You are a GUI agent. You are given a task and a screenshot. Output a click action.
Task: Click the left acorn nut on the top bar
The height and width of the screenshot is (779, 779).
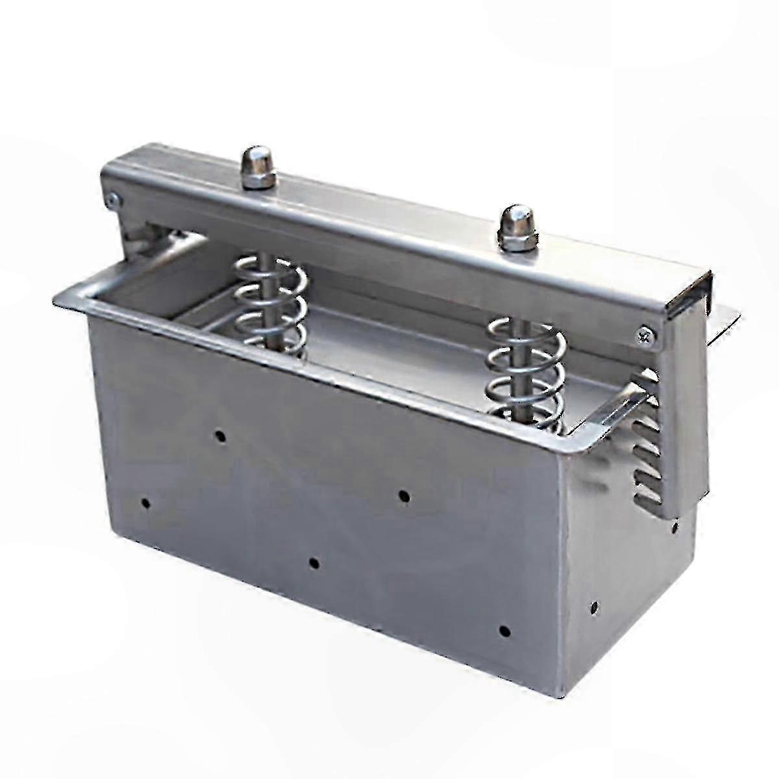[x=253, y=166]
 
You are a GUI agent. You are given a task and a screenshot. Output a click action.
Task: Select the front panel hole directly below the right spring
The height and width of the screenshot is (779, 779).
[x=404, y=496]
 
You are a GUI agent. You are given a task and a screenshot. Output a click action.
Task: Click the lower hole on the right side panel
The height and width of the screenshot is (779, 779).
[x=594, y=608]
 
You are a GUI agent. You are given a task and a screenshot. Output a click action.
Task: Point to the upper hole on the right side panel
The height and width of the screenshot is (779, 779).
[x=675, y=524]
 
